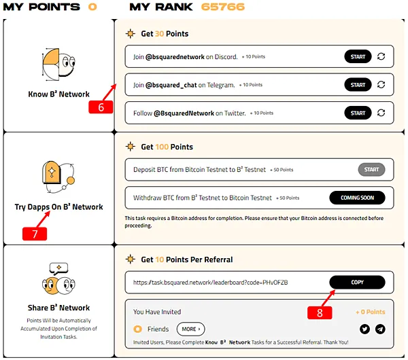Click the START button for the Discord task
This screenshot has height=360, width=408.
click(x=358, y=56)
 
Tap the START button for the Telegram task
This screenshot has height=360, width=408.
click(x=358, y=85)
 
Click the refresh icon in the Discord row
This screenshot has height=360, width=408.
click(x=381, y=56)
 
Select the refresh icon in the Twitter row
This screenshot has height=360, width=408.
click(x=381, y=113)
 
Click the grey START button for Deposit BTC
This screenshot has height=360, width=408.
click(x=371, y=170)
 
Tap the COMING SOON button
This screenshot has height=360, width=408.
click(x=357, y=198)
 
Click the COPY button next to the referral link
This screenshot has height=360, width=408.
click(x=357, y=283)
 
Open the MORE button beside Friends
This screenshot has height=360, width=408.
click(x=190, y=329)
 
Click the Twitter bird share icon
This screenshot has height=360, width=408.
click(x=364, y=329)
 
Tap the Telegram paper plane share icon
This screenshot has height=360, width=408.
click(x=380, y=329)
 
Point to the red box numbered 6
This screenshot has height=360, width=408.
click(x=101, y=107)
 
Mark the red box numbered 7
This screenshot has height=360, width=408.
click(x=35, y=234)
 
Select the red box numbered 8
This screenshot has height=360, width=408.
click(x=320, y=312)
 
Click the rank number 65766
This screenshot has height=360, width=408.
click(x=223, y=7)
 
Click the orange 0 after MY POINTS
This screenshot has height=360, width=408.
click(x=92, y=7)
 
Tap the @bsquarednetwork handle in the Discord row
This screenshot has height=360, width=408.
click(x=175, y=56)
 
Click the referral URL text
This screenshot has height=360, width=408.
click(x=211, y=283)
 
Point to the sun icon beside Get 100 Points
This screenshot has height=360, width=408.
click(x=131, y=147)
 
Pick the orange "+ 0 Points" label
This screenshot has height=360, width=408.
click(x=371, y=312)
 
